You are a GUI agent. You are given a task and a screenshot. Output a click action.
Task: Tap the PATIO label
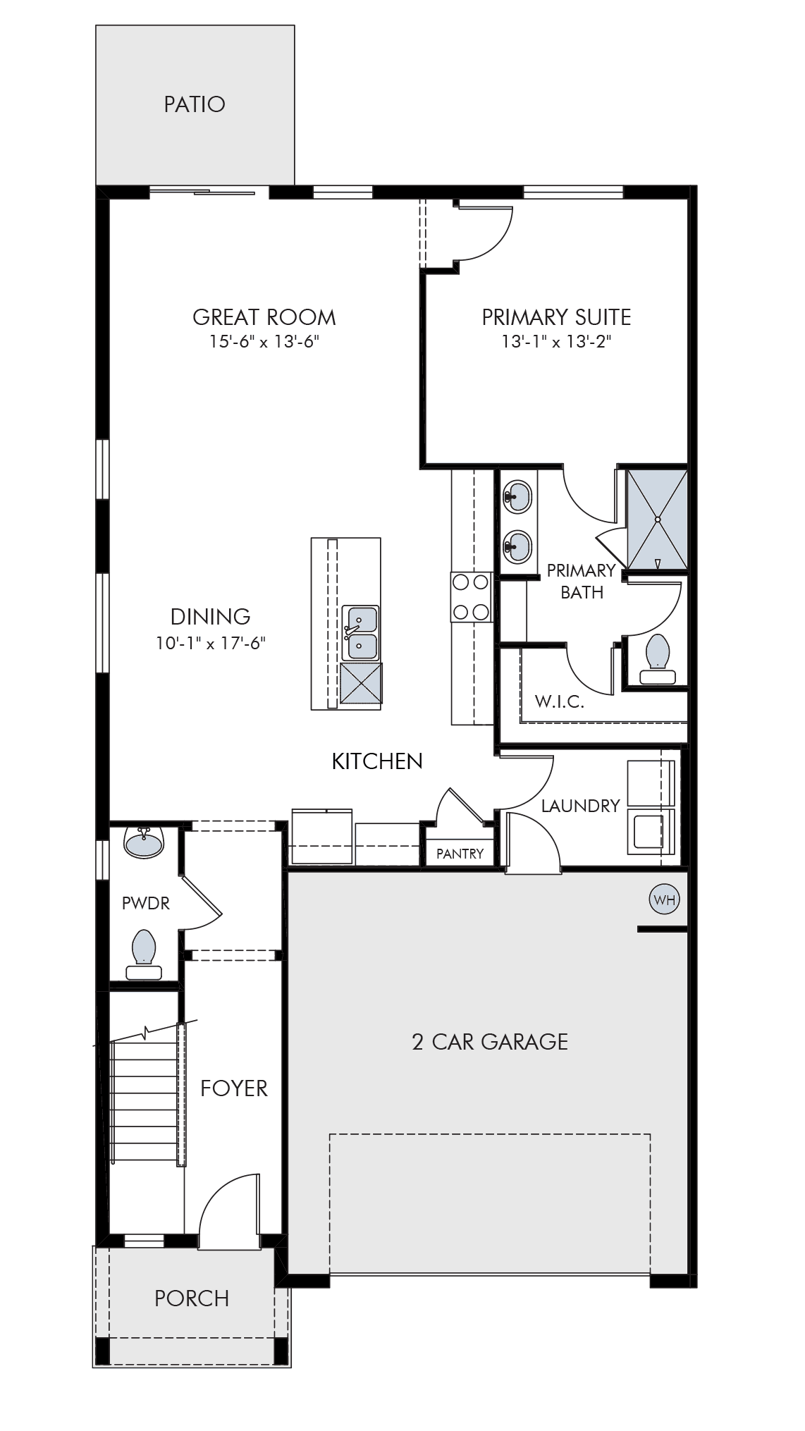pyautogui.click(x=195, y=104)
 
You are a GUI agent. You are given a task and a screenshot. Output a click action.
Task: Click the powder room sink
pyautogui.click(x=144, y=842)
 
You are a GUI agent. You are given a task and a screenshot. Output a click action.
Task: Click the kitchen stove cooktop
pyautogui.click(x=471, y=597)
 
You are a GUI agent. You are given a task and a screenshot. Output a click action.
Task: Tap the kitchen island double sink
pyautogui.click(x=360, y=632)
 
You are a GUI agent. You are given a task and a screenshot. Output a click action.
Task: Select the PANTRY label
pyautogui.click(x=460, y=854)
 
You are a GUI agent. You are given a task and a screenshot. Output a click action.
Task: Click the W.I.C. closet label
pyautogui.click(x=559, y=701)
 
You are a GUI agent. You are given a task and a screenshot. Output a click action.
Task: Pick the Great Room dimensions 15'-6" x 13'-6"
pyautogui.click(x=264, y=342)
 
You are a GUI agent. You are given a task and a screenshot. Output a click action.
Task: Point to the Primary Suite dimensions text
pyautogui.click(x=556, y=342)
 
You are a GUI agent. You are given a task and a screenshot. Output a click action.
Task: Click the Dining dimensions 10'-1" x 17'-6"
pyautogui.click(x=211, y=643)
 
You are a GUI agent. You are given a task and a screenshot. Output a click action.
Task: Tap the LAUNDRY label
pyautogui.click(x=581, y=806)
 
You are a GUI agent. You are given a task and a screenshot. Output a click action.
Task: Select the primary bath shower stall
pyautogui.click(x=657, y=520)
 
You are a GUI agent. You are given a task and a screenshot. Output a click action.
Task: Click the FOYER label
pyautogui.click(x=234, y=1088)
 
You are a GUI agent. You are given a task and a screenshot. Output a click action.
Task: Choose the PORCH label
pyautogui.click(x=192, y=1298)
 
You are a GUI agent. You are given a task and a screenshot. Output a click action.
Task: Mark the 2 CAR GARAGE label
pyautogui.click(x=490, y=1042)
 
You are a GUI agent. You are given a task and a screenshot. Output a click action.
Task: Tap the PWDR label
pyautogui.click(x=146, y=903)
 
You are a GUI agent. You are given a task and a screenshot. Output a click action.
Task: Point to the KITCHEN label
pyautogui.click(x=377, y=761)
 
